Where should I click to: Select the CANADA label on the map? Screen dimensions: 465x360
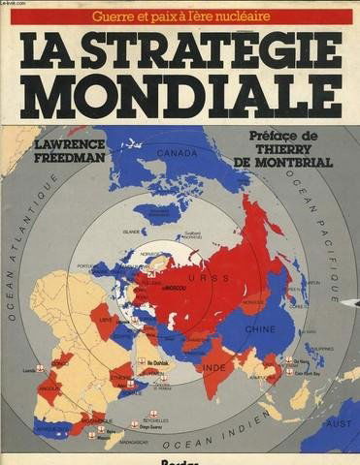[x=177, y=152]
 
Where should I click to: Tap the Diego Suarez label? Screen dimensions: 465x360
[x=144, y=421]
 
